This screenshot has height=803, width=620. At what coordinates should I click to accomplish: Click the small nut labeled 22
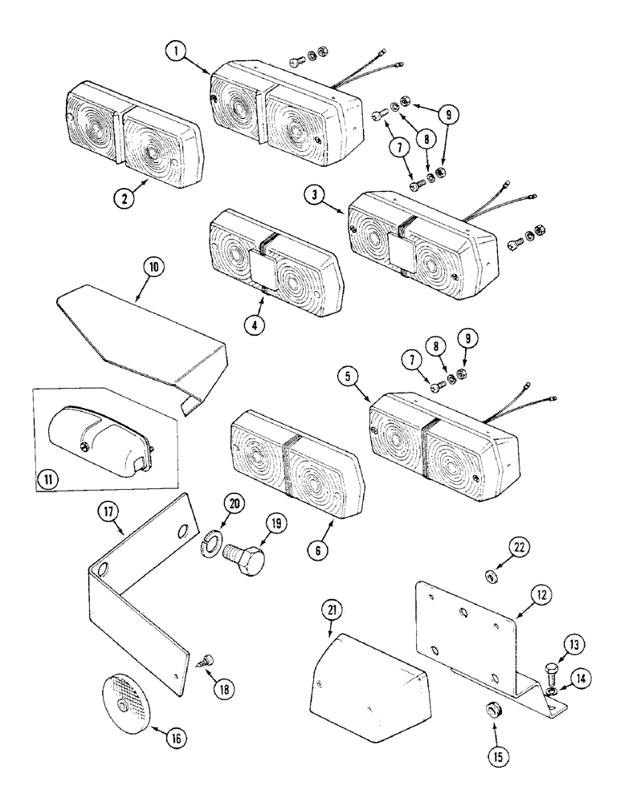(x=489, y=575)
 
